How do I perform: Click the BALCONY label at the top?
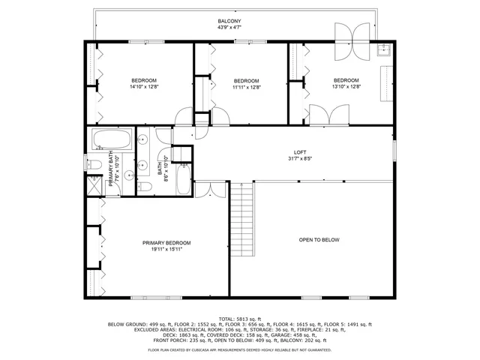[229, 22]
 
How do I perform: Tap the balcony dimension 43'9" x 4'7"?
[229, 28]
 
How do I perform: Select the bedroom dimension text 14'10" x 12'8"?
[144, 87]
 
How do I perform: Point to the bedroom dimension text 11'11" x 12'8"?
[245, 87]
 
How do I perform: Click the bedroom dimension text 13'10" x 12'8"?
[346, 87]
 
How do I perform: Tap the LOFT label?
[300, 151]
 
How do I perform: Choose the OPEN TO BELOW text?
[319, 240]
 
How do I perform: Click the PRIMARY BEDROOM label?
[166, 243]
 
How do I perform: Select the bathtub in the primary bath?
[112, 139]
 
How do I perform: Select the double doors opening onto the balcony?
[351, 43]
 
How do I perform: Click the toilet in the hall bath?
[147, 186]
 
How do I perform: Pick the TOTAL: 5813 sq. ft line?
[240, 318]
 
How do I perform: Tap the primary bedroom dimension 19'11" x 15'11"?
[166, 250]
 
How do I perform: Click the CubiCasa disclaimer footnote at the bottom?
[240, 349]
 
